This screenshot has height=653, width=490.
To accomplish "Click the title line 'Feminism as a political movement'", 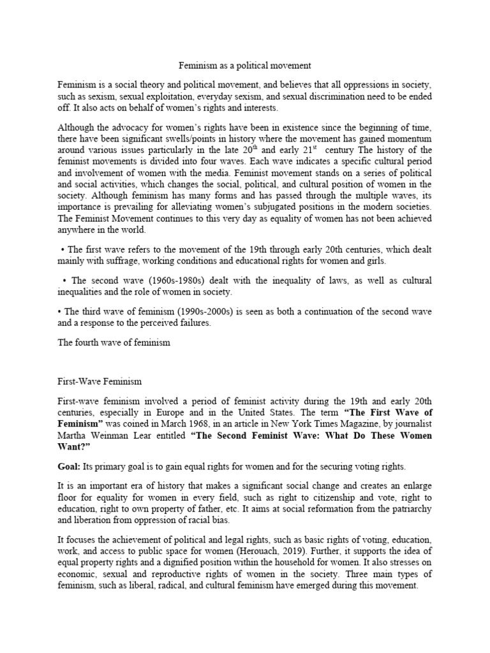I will (x=244, y=66).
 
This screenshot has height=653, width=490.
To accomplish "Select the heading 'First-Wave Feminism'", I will (x=100, y=381).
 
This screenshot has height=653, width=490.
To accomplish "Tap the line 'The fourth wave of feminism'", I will (x=114, y=342).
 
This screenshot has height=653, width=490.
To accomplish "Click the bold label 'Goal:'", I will (x=70, y=467).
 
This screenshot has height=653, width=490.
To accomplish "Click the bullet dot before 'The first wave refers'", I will (x=63, y=249).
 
